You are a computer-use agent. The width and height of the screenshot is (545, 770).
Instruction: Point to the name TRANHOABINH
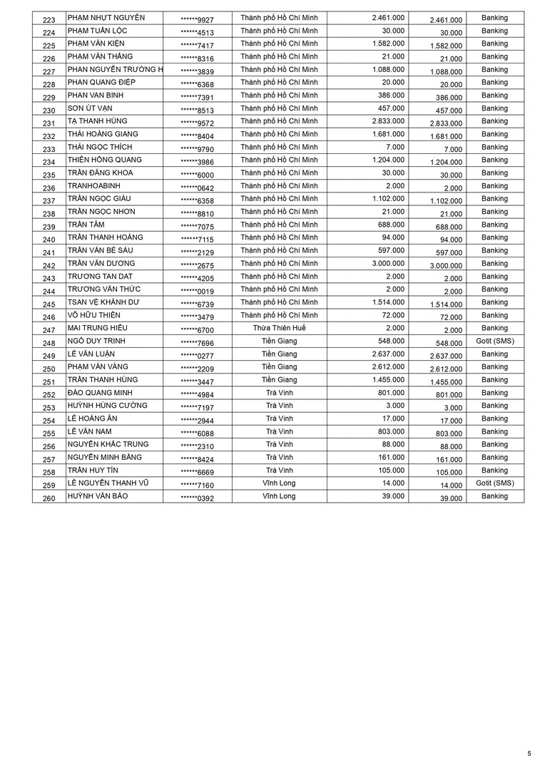93,186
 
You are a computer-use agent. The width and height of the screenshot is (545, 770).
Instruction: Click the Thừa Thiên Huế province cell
279,328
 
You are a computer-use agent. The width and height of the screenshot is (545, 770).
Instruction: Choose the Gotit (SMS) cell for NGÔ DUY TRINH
494,341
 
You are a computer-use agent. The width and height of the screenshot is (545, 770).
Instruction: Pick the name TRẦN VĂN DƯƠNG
101,264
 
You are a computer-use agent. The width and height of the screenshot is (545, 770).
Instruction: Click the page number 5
529,753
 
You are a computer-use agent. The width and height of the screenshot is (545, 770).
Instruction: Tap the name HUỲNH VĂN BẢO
98,496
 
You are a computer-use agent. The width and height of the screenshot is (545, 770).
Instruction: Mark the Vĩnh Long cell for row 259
279,483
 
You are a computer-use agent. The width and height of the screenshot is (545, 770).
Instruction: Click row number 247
49,330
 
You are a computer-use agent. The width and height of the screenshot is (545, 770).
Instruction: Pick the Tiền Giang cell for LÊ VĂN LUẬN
279,354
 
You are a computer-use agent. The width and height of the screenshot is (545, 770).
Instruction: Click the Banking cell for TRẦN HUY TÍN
494,471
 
